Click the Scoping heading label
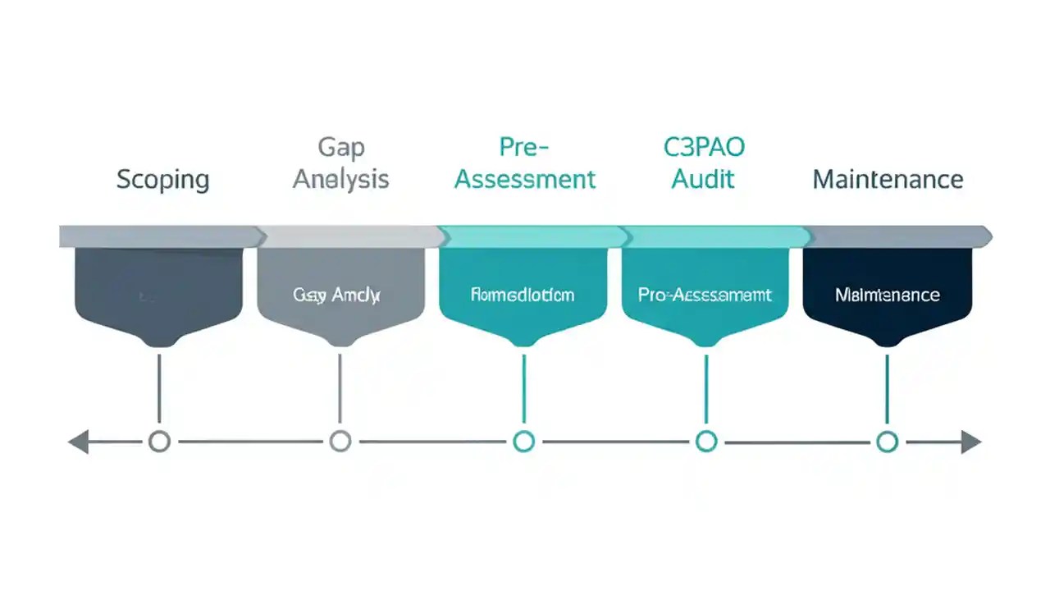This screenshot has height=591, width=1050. [x=162, y=179]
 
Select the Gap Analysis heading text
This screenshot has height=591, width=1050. [x=340, y=163]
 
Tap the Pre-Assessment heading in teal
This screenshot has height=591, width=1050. [x=525, y=163]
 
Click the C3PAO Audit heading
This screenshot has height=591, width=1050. [x=704, y=163]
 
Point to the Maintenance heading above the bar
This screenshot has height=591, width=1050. [x=888, y=179]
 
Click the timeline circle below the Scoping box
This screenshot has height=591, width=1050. [x=159, y=442]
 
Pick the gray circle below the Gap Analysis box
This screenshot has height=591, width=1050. [x=340, y=442]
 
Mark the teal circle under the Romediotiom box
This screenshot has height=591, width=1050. [x=523, y=442]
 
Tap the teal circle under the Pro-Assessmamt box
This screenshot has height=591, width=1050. [x=705, y=442]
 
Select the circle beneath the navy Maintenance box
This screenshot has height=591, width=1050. [x=886, y=442]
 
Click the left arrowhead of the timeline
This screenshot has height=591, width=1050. [x=79, y=442]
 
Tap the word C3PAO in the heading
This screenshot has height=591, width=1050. [x=704, y=148]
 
